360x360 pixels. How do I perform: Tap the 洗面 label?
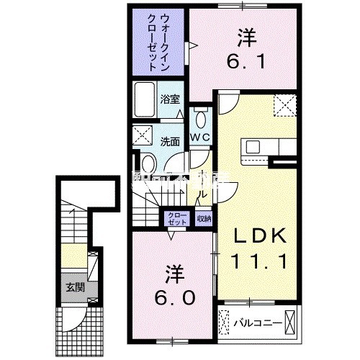click(170, 140)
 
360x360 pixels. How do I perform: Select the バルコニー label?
click(256, 322)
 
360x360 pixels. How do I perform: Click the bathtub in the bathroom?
click(143, 98)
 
